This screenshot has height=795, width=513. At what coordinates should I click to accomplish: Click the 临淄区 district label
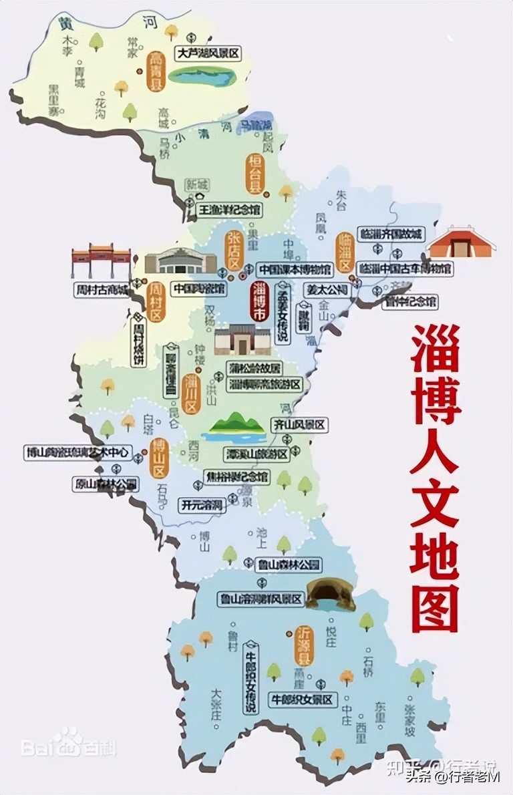(345, 251)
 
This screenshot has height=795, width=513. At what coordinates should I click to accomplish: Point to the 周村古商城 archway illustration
(101, 261)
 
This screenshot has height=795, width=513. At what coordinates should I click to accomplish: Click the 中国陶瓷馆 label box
(198, 289)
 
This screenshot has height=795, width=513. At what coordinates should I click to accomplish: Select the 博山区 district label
(159, 459)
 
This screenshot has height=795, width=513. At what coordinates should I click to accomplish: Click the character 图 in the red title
(436, 607)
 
